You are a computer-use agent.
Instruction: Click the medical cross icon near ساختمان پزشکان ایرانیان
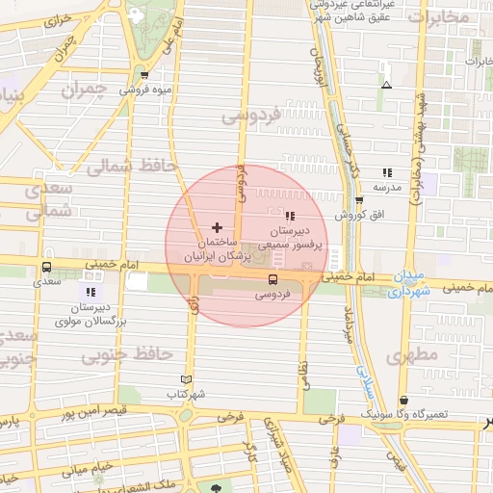(x=215, y=226)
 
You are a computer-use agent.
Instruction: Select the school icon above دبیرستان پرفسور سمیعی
(x=290, y=215)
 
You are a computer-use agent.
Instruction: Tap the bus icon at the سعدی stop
(x=46, y=268)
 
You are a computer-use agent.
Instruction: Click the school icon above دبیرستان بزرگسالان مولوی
(x=91, y=291)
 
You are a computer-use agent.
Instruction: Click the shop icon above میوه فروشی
(x=144, y=75)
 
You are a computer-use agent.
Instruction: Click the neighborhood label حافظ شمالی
(x=133, y=166)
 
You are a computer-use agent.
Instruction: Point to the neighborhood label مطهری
(x=415, y=355)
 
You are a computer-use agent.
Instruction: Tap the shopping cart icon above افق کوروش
(x=359, y=200)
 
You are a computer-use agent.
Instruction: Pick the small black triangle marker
(x=386, y=85)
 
